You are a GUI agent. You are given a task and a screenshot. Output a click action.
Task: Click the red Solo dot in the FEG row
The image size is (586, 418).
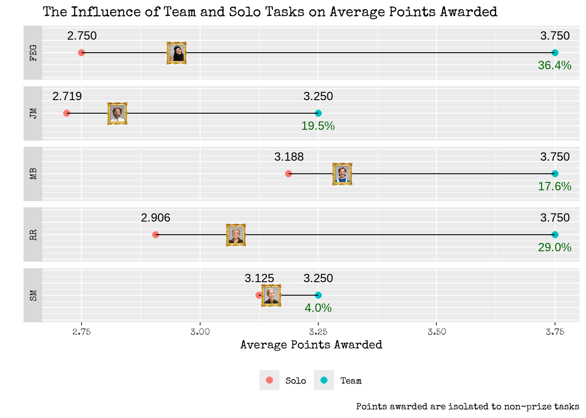click(82, 53)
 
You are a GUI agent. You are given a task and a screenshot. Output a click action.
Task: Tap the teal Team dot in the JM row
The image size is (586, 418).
click(318, 113)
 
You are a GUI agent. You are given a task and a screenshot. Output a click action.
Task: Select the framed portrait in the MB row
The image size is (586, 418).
click(342, 174)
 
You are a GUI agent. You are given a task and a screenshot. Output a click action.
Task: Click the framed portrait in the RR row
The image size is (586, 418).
click(236, 235)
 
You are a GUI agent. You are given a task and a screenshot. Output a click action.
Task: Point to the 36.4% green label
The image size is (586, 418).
click(555, 65)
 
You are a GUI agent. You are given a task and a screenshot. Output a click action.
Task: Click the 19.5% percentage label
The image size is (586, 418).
click(318, 126)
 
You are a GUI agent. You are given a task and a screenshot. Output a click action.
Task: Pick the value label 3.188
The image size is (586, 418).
click(289, 157)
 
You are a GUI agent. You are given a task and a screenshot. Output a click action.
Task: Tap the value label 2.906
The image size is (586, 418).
click(155, 218)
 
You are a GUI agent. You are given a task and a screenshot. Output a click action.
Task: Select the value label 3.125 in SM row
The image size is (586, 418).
click(259, 278)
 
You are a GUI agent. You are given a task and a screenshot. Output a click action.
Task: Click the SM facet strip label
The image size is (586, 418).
click(33, 295)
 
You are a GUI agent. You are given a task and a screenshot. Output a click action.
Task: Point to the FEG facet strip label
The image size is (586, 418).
click(33, 53)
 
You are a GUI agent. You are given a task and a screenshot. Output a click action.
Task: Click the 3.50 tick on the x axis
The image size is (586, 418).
click(436, 332)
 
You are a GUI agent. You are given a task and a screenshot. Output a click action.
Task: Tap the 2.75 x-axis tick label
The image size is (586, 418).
click(82, 332)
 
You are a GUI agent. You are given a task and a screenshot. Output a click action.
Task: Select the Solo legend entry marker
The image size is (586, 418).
click(269, 380)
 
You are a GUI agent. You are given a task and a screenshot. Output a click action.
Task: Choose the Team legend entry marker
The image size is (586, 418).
click(324, 380)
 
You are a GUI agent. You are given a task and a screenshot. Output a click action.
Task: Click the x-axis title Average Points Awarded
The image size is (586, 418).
click(311, 345)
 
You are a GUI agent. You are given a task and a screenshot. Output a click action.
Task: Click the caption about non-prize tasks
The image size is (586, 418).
click(467, 407)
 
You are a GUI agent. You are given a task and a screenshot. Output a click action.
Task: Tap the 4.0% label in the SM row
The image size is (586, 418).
click(318, 308)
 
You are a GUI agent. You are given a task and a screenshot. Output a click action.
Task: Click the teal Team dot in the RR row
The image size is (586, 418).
click(555, 235)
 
